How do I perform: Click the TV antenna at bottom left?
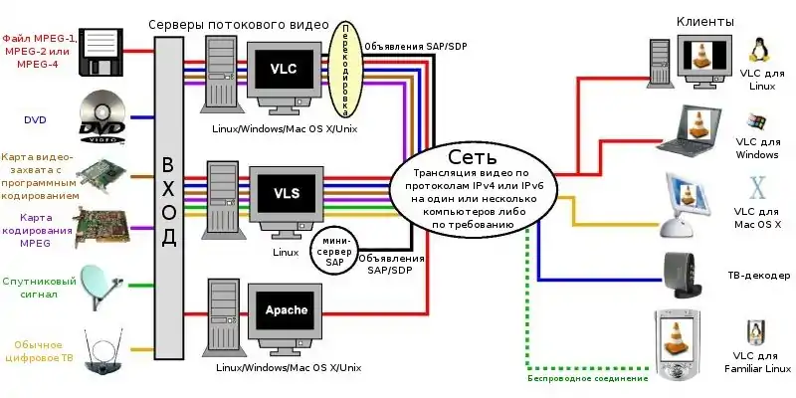(102, 355)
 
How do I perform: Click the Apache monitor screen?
(286, 310)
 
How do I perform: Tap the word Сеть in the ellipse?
(473, 157)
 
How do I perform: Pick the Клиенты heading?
(705, 21)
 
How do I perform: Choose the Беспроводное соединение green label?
(587, 378)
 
